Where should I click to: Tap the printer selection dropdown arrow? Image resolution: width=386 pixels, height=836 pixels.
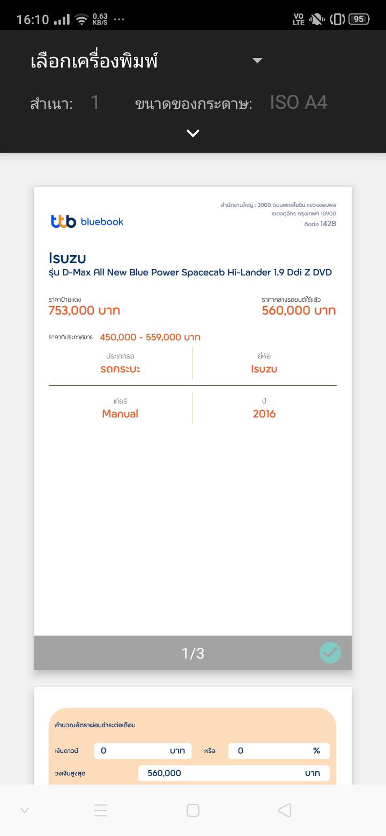click(x=257, y=61)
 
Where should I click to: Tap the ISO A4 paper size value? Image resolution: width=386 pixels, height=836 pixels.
click(x=299, y=102)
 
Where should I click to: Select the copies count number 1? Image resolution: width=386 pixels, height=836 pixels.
click(x=95, y=102)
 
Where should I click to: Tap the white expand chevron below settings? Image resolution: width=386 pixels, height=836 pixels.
click(x=193, y=133)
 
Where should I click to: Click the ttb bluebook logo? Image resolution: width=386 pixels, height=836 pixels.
click(x=87, y=221)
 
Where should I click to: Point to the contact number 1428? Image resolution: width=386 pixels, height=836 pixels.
click(x=328, y=223)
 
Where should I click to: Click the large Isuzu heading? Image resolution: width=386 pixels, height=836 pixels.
click(x=67, y=258)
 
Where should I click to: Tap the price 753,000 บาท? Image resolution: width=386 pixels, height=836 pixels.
click(x=84, y=310)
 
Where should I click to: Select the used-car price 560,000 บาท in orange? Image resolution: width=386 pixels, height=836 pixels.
click(x=299, y=310)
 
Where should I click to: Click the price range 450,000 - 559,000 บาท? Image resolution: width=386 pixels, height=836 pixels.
click(x=150, y=337)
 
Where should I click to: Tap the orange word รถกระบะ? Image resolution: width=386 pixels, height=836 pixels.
click(x=120, y=369)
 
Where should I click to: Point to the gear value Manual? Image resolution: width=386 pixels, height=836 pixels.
click(x=120, y=414)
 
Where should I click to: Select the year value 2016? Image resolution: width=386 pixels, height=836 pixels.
click(x=264, y=414)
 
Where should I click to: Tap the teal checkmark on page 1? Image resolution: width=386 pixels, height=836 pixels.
click(x=330, y=653)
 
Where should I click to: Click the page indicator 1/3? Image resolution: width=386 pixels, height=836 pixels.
click(x=193, y=653)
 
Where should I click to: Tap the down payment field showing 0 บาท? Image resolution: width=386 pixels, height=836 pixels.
click(x=143, y=751)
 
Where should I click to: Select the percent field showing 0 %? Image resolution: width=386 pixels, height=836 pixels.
click(x=279, y=751)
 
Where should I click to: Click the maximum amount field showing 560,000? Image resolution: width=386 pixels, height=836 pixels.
click(x=234, y=773)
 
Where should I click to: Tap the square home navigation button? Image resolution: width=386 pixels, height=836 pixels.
click(x=193, y=810)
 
